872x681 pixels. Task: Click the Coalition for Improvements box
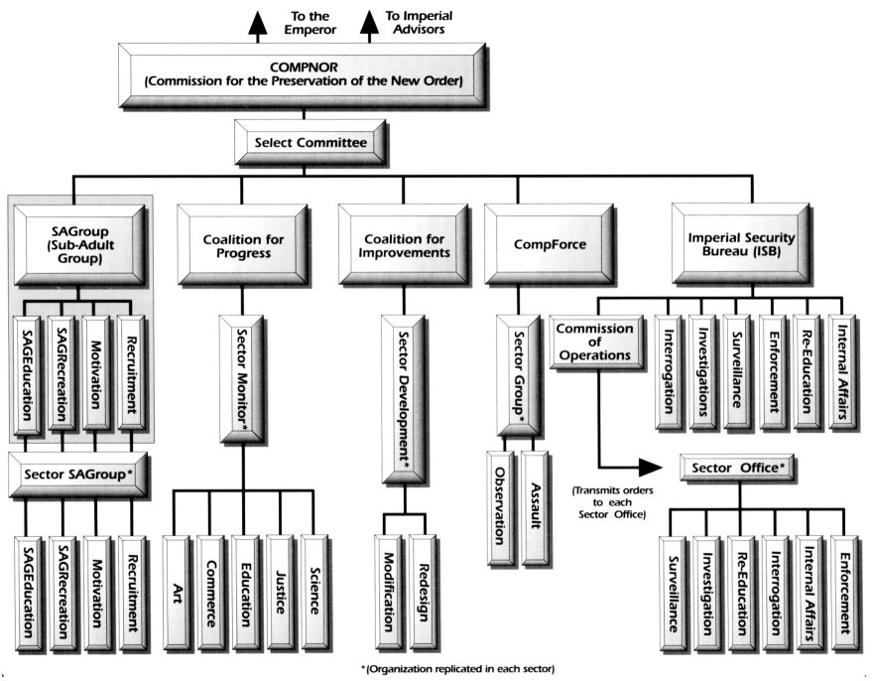[x=402, y=238]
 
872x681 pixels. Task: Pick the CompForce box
[x=545, y=238]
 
